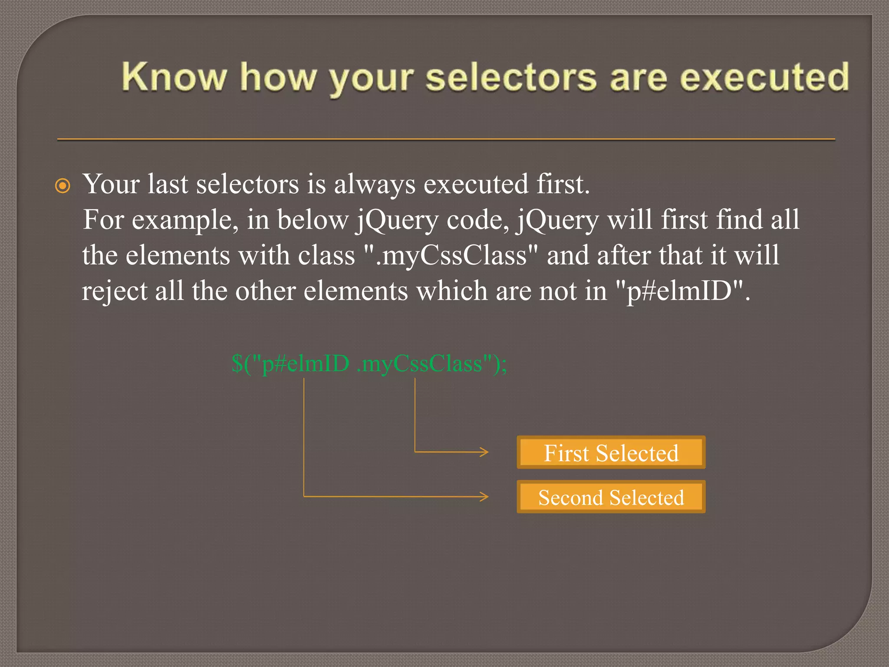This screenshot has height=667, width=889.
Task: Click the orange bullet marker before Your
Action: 63,186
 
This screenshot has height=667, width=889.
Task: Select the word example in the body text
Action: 184,220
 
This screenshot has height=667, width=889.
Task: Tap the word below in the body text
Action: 313,220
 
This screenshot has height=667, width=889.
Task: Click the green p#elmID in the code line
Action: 306,363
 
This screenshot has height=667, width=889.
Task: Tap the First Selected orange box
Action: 611,452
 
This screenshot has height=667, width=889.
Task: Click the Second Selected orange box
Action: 611,497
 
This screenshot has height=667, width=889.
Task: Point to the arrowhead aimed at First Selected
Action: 484,452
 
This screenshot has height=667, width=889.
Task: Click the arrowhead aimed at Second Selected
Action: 484,496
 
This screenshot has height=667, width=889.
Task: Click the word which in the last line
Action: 451,291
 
